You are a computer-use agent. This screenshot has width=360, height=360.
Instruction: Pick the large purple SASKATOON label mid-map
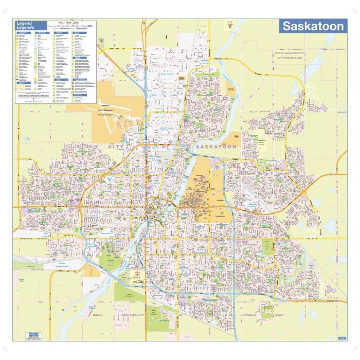[x=217, y=147]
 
